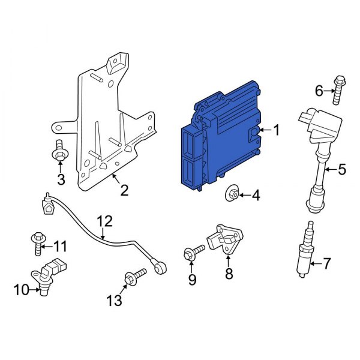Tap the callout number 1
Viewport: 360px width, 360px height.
pyautogui.click(x=277, y=130)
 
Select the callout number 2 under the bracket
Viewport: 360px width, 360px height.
pyautogui.click(x=124, y=191)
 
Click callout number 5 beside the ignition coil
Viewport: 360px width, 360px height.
pyautogui.click(x=341, y=169)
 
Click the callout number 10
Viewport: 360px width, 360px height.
pyautogui.click(x=21, y=291)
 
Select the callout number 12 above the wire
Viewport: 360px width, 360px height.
pyautogui.click(x=104, y=221)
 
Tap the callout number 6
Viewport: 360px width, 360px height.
pyautogui.click(x=319, y=91)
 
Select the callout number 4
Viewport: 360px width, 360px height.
pyautogui.click(x=255, y=195)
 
